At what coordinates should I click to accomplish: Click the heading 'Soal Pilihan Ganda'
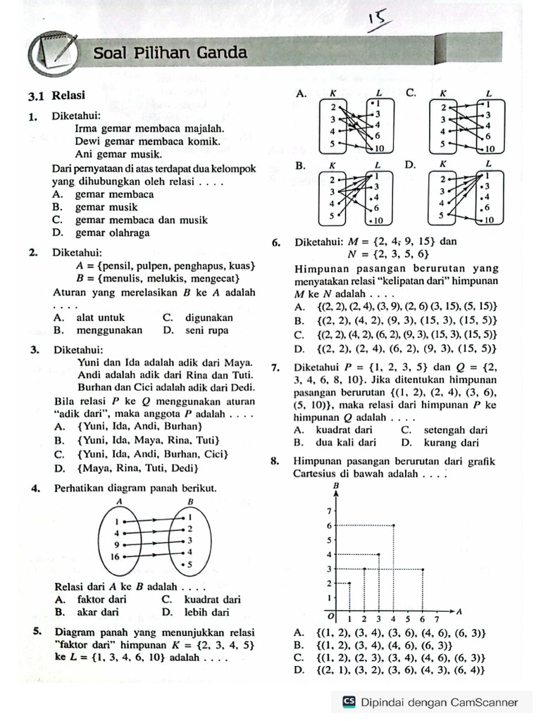(170, 53)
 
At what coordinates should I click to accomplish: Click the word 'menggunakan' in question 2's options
(108, 330)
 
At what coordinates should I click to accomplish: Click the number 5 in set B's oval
(189, 565)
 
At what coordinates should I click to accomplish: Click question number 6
(276, 242)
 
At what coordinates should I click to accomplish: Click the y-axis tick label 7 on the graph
(328, 510)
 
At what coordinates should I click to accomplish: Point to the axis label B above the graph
(336, 487)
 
